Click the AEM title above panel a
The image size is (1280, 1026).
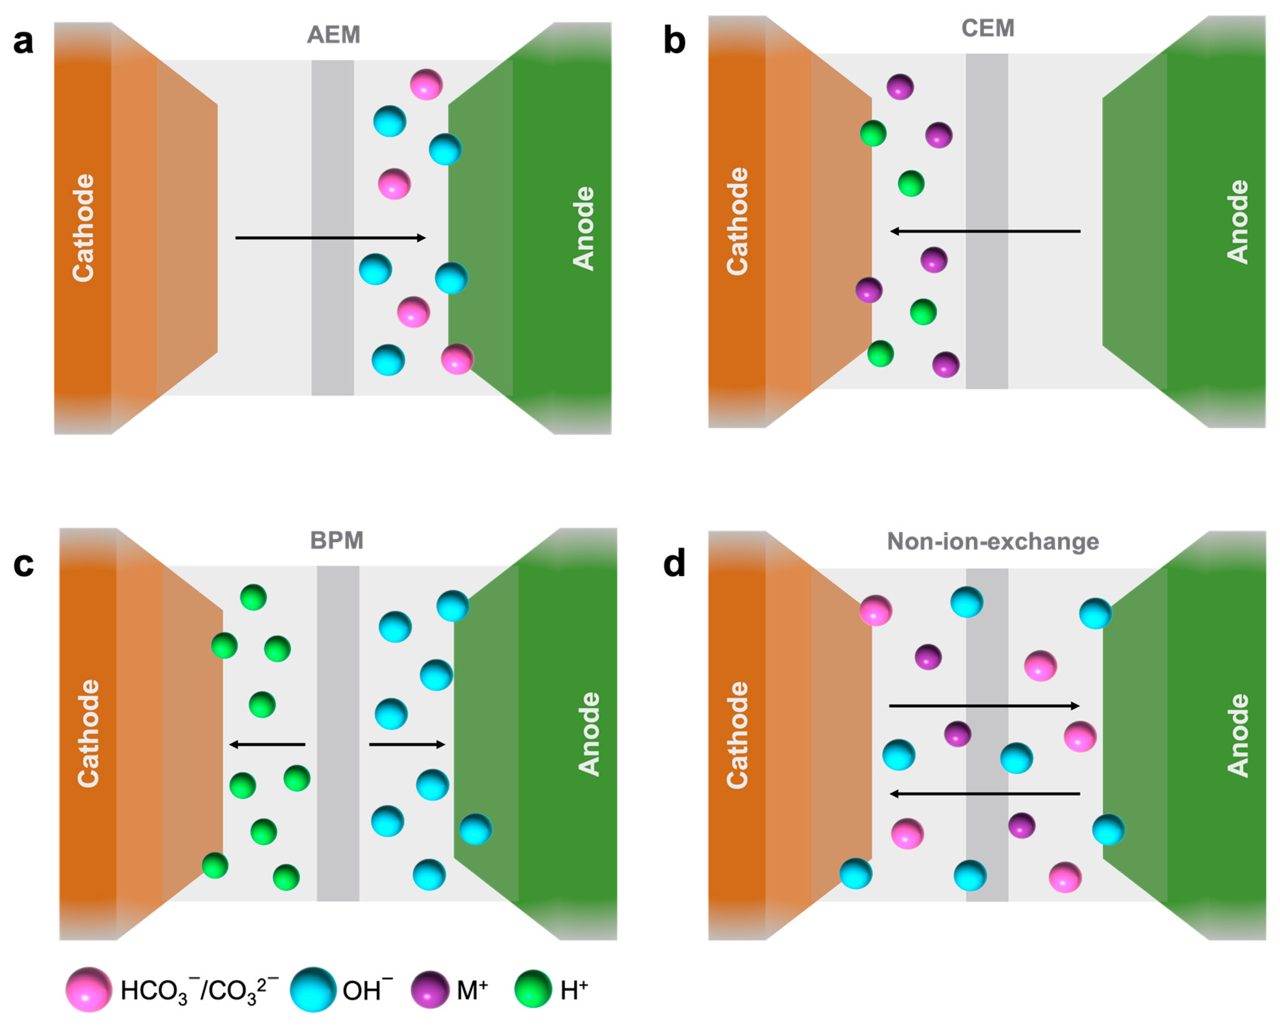333,34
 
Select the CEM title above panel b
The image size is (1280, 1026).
988,28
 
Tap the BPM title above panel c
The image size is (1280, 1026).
337,540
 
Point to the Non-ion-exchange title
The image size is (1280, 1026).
993,541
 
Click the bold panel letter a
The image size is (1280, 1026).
23,42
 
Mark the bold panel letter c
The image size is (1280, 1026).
23,564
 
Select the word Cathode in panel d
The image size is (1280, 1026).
737,735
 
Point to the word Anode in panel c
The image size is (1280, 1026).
588,734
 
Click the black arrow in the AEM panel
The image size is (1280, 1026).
331,238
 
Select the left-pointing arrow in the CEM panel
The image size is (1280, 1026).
985,231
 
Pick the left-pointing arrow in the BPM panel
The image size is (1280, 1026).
267,744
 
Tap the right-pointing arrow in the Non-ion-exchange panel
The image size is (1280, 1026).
984,705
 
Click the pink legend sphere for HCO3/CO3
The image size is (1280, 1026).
89,989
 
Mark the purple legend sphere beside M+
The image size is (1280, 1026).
430,989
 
